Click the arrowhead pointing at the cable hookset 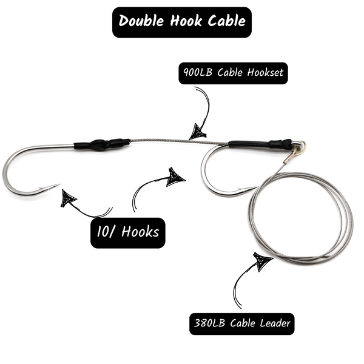[197, 130]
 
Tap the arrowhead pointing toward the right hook [176, 175]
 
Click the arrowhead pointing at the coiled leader [262, 262]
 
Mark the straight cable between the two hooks [179, 142]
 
